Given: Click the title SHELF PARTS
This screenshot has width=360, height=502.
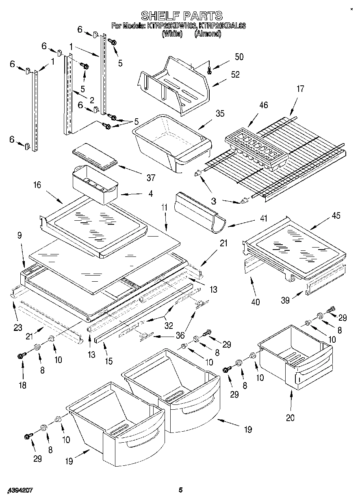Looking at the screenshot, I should pyautogui.click(x=181, y=16).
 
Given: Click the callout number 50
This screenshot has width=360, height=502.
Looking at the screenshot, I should pyautogui.click(x=239, y=57).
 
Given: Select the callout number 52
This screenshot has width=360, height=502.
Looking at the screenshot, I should pyautogui.click(x=235, y=74).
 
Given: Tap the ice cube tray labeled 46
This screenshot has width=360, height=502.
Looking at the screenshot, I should pyautogui.click(x=256, y=148).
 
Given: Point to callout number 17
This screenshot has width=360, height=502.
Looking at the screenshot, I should pyautogui.click(x=300, y=89).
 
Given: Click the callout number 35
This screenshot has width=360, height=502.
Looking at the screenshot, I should pyautogui.click(x=220, y=113).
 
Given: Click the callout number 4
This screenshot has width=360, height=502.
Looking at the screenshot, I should pyautogui.click(x=150, y=194).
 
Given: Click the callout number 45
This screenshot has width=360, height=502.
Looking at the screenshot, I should pyautogui.click(x=336, y=215).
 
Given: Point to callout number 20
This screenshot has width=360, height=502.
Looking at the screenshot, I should pyautogui.click(x=290, y=417).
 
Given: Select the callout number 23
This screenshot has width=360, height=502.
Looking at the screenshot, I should pyautogui.click(x=17, y=328).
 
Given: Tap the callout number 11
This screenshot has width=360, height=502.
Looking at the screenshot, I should pyautogui.click(x=164, y=207).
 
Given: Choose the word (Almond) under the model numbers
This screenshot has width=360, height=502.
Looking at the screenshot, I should pyautogui.click(x=208, y=34).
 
